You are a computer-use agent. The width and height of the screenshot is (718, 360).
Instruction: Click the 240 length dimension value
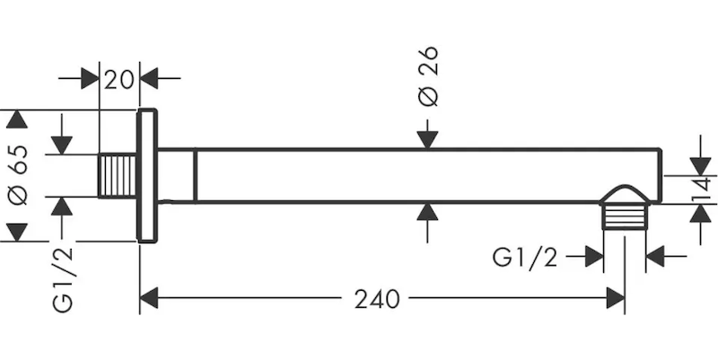coord(377,300)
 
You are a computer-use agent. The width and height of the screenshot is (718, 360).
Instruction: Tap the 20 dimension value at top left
coord(119,80)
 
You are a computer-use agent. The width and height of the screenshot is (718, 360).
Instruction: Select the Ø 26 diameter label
coord(429,76)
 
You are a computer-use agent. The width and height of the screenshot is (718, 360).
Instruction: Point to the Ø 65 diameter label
coord(18,175)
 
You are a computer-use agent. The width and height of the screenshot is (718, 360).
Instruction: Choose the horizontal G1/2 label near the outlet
coord(525,257)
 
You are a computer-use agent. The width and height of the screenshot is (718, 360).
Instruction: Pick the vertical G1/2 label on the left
coord(63,279)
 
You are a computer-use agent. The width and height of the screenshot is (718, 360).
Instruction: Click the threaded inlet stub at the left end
coord(118,176)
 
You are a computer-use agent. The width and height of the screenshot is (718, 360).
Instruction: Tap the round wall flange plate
coord(147,175)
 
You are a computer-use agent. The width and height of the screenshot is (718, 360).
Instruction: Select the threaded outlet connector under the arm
coord(625,216)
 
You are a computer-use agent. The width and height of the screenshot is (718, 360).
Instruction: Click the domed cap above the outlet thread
coord(625,195)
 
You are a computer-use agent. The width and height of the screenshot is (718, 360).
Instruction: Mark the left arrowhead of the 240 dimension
coord(149,298)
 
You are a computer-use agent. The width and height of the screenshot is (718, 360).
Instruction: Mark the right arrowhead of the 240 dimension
coord(616,298)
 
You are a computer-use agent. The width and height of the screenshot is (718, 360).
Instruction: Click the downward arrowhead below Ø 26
coord(427,140)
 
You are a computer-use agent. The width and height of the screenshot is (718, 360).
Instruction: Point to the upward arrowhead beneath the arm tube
coord(427,212)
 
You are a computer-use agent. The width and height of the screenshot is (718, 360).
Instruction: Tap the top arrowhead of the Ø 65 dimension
coord(17,119)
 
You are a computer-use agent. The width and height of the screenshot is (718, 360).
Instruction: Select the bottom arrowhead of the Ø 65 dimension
coord(17,233)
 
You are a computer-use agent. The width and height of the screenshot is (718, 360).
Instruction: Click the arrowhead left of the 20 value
coord(90,78)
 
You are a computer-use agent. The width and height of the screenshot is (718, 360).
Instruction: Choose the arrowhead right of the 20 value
coord(149,78)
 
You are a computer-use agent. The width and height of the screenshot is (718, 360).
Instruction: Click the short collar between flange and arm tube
coord(177,175)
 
